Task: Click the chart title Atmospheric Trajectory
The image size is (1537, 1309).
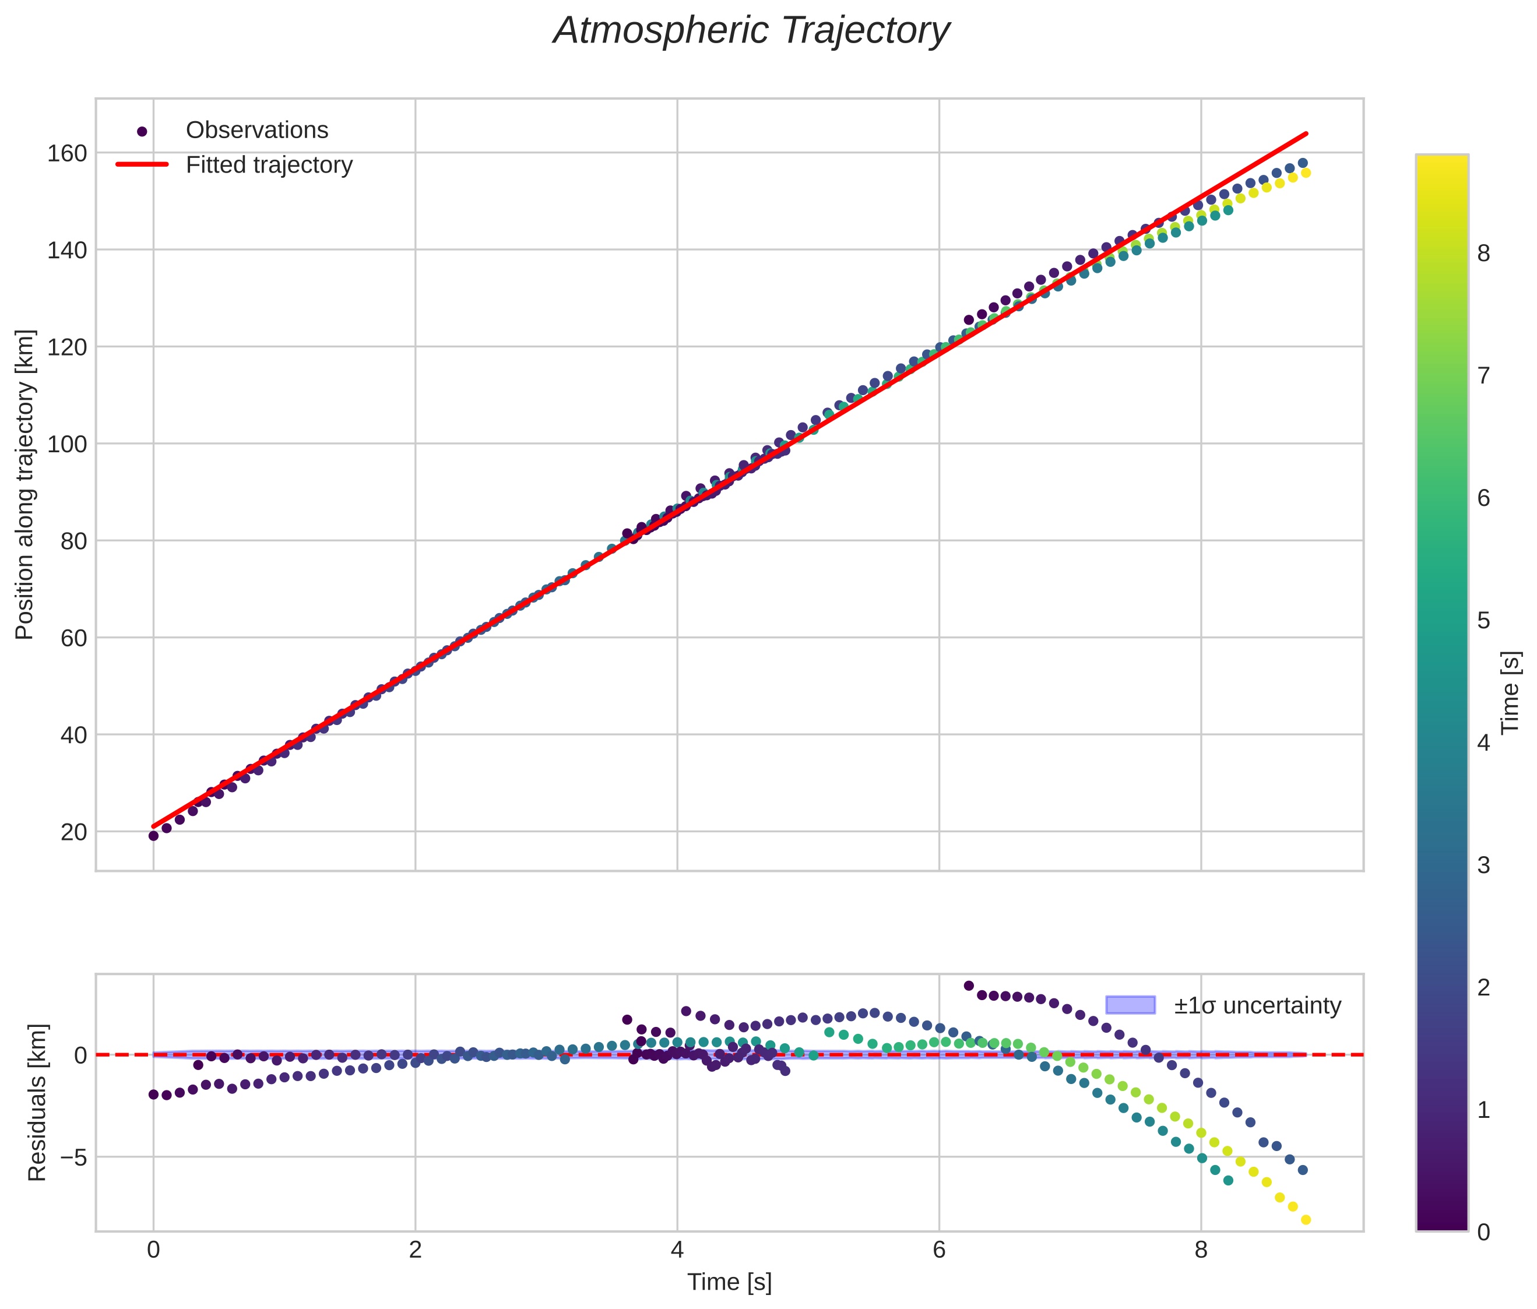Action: tap(751, 31)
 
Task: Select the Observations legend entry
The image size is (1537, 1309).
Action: tap(256, 131)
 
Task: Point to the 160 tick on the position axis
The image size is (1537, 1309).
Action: tap(67, 153)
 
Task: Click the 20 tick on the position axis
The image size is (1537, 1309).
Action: tap(73, 832)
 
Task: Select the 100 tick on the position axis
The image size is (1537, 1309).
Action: tap(67, 444)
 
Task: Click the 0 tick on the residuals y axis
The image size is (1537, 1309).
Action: tap(80, 1055)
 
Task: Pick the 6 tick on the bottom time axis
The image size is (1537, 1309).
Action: tap(939, 1250)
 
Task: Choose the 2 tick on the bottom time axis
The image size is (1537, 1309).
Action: tap(416, 1250)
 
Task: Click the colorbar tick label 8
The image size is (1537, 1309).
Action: tap(1483, 254)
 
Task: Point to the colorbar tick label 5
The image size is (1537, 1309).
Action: tap(1483, 621)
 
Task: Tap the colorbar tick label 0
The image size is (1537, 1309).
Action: tap(1483, 1232)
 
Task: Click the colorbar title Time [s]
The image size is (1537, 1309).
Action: tap(1510, 693)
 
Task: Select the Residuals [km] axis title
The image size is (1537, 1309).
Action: tap(37, 1103)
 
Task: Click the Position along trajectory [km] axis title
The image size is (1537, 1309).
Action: tap(24, 484)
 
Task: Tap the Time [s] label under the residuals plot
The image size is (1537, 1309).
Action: tap(729, 1282)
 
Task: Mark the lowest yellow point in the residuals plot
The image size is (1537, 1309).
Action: tap(1306, 1220)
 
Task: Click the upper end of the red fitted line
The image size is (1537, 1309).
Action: tap(1306, 133)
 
